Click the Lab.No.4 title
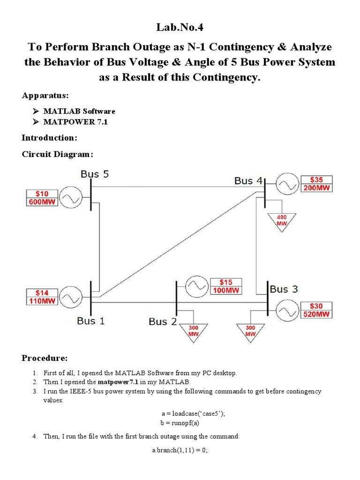pos(180,28)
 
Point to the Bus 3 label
pos(284,289)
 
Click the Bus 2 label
pos(163,322)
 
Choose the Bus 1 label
pos(91,321)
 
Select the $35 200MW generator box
pos(316,184)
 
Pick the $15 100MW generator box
pos(226,286)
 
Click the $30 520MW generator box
pos(316,310)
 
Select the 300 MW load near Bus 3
pos(250,330)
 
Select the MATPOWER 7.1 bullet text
pos(73,123)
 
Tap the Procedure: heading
pos(45,358)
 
